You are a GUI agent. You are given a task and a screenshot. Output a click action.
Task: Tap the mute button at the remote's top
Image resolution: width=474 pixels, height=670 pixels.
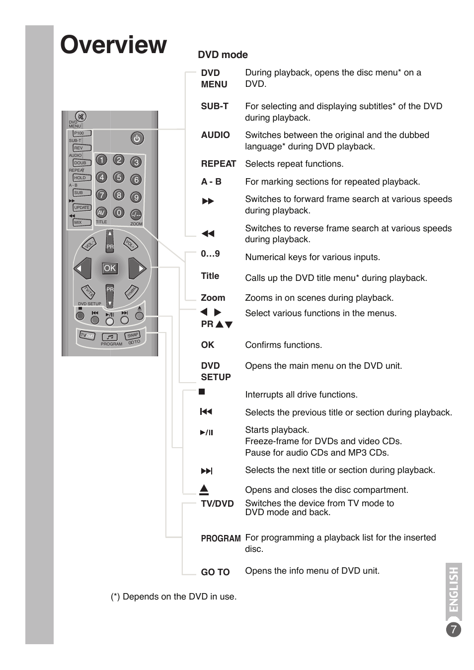click(x=80, y=117)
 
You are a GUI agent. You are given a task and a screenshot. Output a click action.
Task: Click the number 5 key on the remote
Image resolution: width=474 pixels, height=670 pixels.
click(x=118, y=177)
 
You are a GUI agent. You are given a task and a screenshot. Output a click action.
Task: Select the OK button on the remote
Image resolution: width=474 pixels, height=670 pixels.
click(x=109, y=268)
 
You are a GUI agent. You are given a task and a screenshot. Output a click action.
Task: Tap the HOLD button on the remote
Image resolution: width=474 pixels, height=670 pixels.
click(x=81, y=178)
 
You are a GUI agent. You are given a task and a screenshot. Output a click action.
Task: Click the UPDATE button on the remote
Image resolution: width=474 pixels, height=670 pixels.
click(x=82, y=207)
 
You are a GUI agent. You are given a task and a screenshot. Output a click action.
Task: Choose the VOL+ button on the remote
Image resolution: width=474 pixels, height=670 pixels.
click(x=130, y=244)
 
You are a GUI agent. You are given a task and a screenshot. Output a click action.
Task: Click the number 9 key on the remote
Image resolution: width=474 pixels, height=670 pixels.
click(x=136, y=198)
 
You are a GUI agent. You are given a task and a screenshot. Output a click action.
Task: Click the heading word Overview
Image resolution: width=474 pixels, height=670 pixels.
click(x=113, y=45)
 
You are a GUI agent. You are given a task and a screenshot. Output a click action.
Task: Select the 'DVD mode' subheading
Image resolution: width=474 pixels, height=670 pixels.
click(x=223, y=55)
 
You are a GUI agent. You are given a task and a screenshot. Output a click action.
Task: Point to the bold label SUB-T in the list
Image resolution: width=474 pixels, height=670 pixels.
click(x=215, y=106)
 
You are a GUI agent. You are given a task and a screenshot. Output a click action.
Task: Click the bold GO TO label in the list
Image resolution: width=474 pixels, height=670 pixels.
click(x=215, y=572)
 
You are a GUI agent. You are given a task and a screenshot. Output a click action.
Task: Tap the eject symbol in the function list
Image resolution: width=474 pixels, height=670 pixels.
click(x=204, y=490)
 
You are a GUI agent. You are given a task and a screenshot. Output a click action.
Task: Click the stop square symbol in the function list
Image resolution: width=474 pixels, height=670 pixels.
click(x=202, y=392)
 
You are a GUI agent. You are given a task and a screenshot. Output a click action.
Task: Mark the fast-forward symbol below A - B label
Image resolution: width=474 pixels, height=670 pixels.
click(x=208, y=201)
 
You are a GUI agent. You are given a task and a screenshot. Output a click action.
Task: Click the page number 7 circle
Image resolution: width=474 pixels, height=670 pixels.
click(x=453, y=630)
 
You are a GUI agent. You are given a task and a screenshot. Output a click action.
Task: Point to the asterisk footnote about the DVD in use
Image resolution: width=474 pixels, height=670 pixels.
click(x=173, y=597)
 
